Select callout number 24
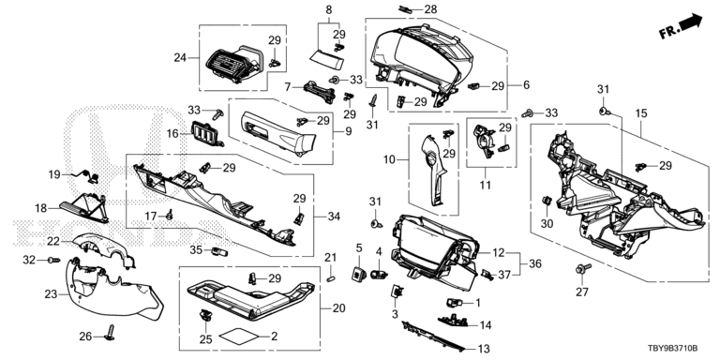point(180,58)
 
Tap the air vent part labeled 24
point(233,66)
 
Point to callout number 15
point(641,112)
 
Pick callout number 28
point(430,9)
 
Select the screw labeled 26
point(111,333)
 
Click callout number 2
point(274,337)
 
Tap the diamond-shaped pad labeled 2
point(239,337)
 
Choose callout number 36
point(535,263)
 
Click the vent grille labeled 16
point(205,134)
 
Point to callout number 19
point(54,174)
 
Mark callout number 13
point(484,349)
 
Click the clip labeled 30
point(547,201)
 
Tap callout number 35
point(196,249)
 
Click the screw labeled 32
point(54,261)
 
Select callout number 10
point(389,159)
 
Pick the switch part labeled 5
point(359,275)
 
